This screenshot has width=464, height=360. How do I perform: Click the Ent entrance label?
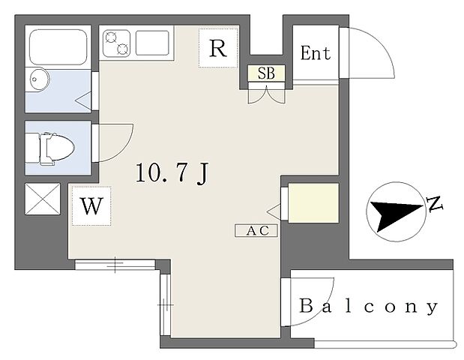point(316,53)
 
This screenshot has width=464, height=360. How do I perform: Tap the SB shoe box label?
point(266,73)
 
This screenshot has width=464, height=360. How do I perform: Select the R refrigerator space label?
point(218,48)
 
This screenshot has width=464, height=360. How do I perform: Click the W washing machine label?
point(91,206)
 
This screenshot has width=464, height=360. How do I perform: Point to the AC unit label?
point(256,231)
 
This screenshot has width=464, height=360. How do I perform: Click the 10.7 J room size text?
point(172,173)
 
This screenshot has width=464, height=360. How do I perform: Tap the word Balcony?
point(368,307)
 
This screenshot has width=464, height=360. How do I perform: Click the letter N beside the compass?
point(434,204)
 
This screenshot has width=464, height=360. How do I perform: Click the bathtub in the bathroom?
point(58,47)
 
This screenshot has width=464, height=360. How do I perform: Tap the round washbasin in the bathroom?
point(39,79)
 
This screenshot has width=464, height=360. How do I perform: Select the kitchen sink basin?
point(152,43)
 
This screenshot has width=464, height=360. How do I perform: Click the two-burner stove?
point(116,43)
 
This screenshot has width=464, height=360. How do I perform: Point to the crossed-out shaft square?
point(43,199)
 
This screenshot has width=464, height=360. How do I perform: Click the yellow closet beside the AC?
point(313,202)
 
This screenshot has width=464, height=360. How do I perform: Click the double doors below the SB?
point(266,94)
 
